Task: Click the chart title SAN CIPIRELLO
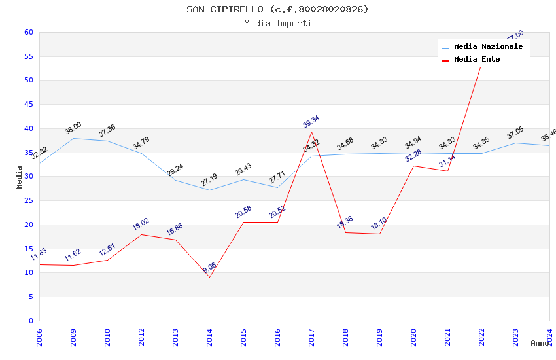pos(277,9)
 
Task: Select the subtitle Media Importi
pos(277,23)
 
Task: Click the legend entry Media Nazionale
pos(488,47)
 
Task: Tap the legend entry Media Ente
pos(477,59)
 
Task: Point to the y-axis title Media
pos(20,177)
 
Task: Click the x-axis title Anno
pos(540,343)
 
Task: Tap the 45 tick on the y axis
pos(28,105)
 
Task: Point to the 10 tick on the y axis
pos(28,273)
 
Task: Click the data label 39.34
pos(311,121)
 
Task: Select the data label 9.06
pos(209,268)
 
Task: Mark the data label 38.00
pos(73,128)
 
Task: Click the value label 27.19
pos(209,180)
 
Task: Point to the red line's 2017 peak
pos(311,132)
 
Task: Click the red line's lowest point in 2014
pos(209,277)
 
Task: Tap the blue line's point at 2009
pos(73,138)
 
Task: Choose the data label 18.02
pos(141,224)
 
